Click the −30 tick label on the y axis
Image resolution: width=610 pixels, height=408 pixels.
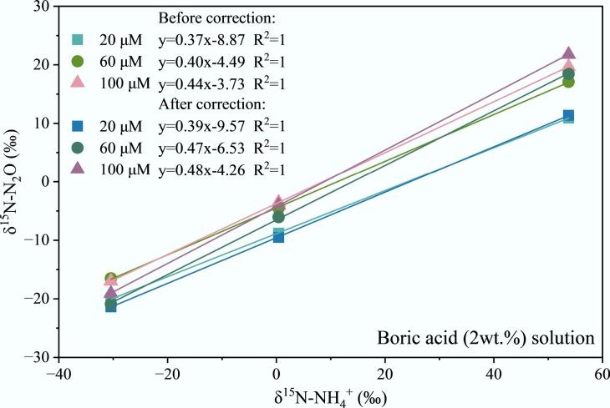click(38, 356)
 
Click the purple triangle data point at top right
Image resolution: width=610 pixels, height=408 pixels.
click(568, 54)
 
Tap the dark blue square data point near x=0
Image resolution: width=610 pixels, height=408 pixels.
click(278, 237)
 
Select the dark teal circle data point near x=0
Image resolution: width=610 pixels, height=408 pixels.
click(278, 217)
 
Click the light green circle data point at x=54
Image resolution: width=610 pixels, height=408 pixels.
click(568, 82)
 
